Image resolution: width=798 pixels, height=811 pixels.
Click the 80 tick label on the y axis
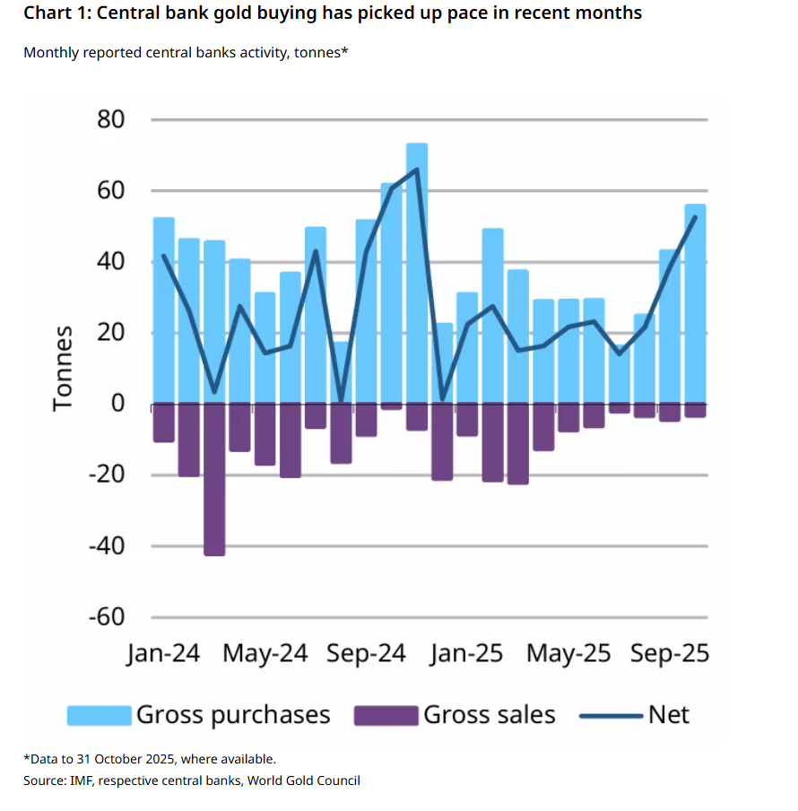click(110, 119)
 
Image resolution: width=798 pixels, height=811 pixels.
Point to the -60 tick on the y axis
click(106, 617)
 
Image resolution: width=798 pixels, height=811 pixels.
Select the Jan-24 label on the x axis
click(162, 654)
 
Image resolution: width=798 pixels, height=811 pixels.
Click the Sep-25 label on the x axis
click(669, 654)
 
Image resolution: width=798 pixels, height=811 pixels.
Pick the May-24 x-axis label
click(265, 654)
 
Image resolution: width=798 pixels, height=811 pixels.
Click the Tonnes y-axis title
click(62, 369)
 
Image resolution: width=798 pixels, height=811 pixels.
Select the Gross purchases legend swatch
click(100, 715)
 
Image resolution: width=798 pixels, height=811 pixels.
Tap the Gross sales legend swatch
click(386, 715)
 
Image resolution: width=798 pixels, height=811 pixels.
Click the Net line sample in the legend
click(611, 715)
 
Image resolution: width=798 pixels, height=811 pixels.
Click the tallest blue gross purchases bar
click(417, 269)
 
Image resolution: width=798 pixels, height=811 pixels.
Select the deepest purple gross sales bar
click(214, 480)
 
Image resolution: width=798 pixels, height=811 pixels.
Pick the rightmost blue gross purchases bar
click(695, 305)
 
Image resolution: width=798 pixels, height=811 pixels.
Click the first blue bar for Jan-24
click(164, 310)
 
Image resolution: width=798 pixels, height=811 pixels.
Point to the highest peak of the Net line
click(417, 169)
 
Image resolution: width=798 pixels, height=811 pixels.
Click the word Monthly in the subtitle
click(51, 53)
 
